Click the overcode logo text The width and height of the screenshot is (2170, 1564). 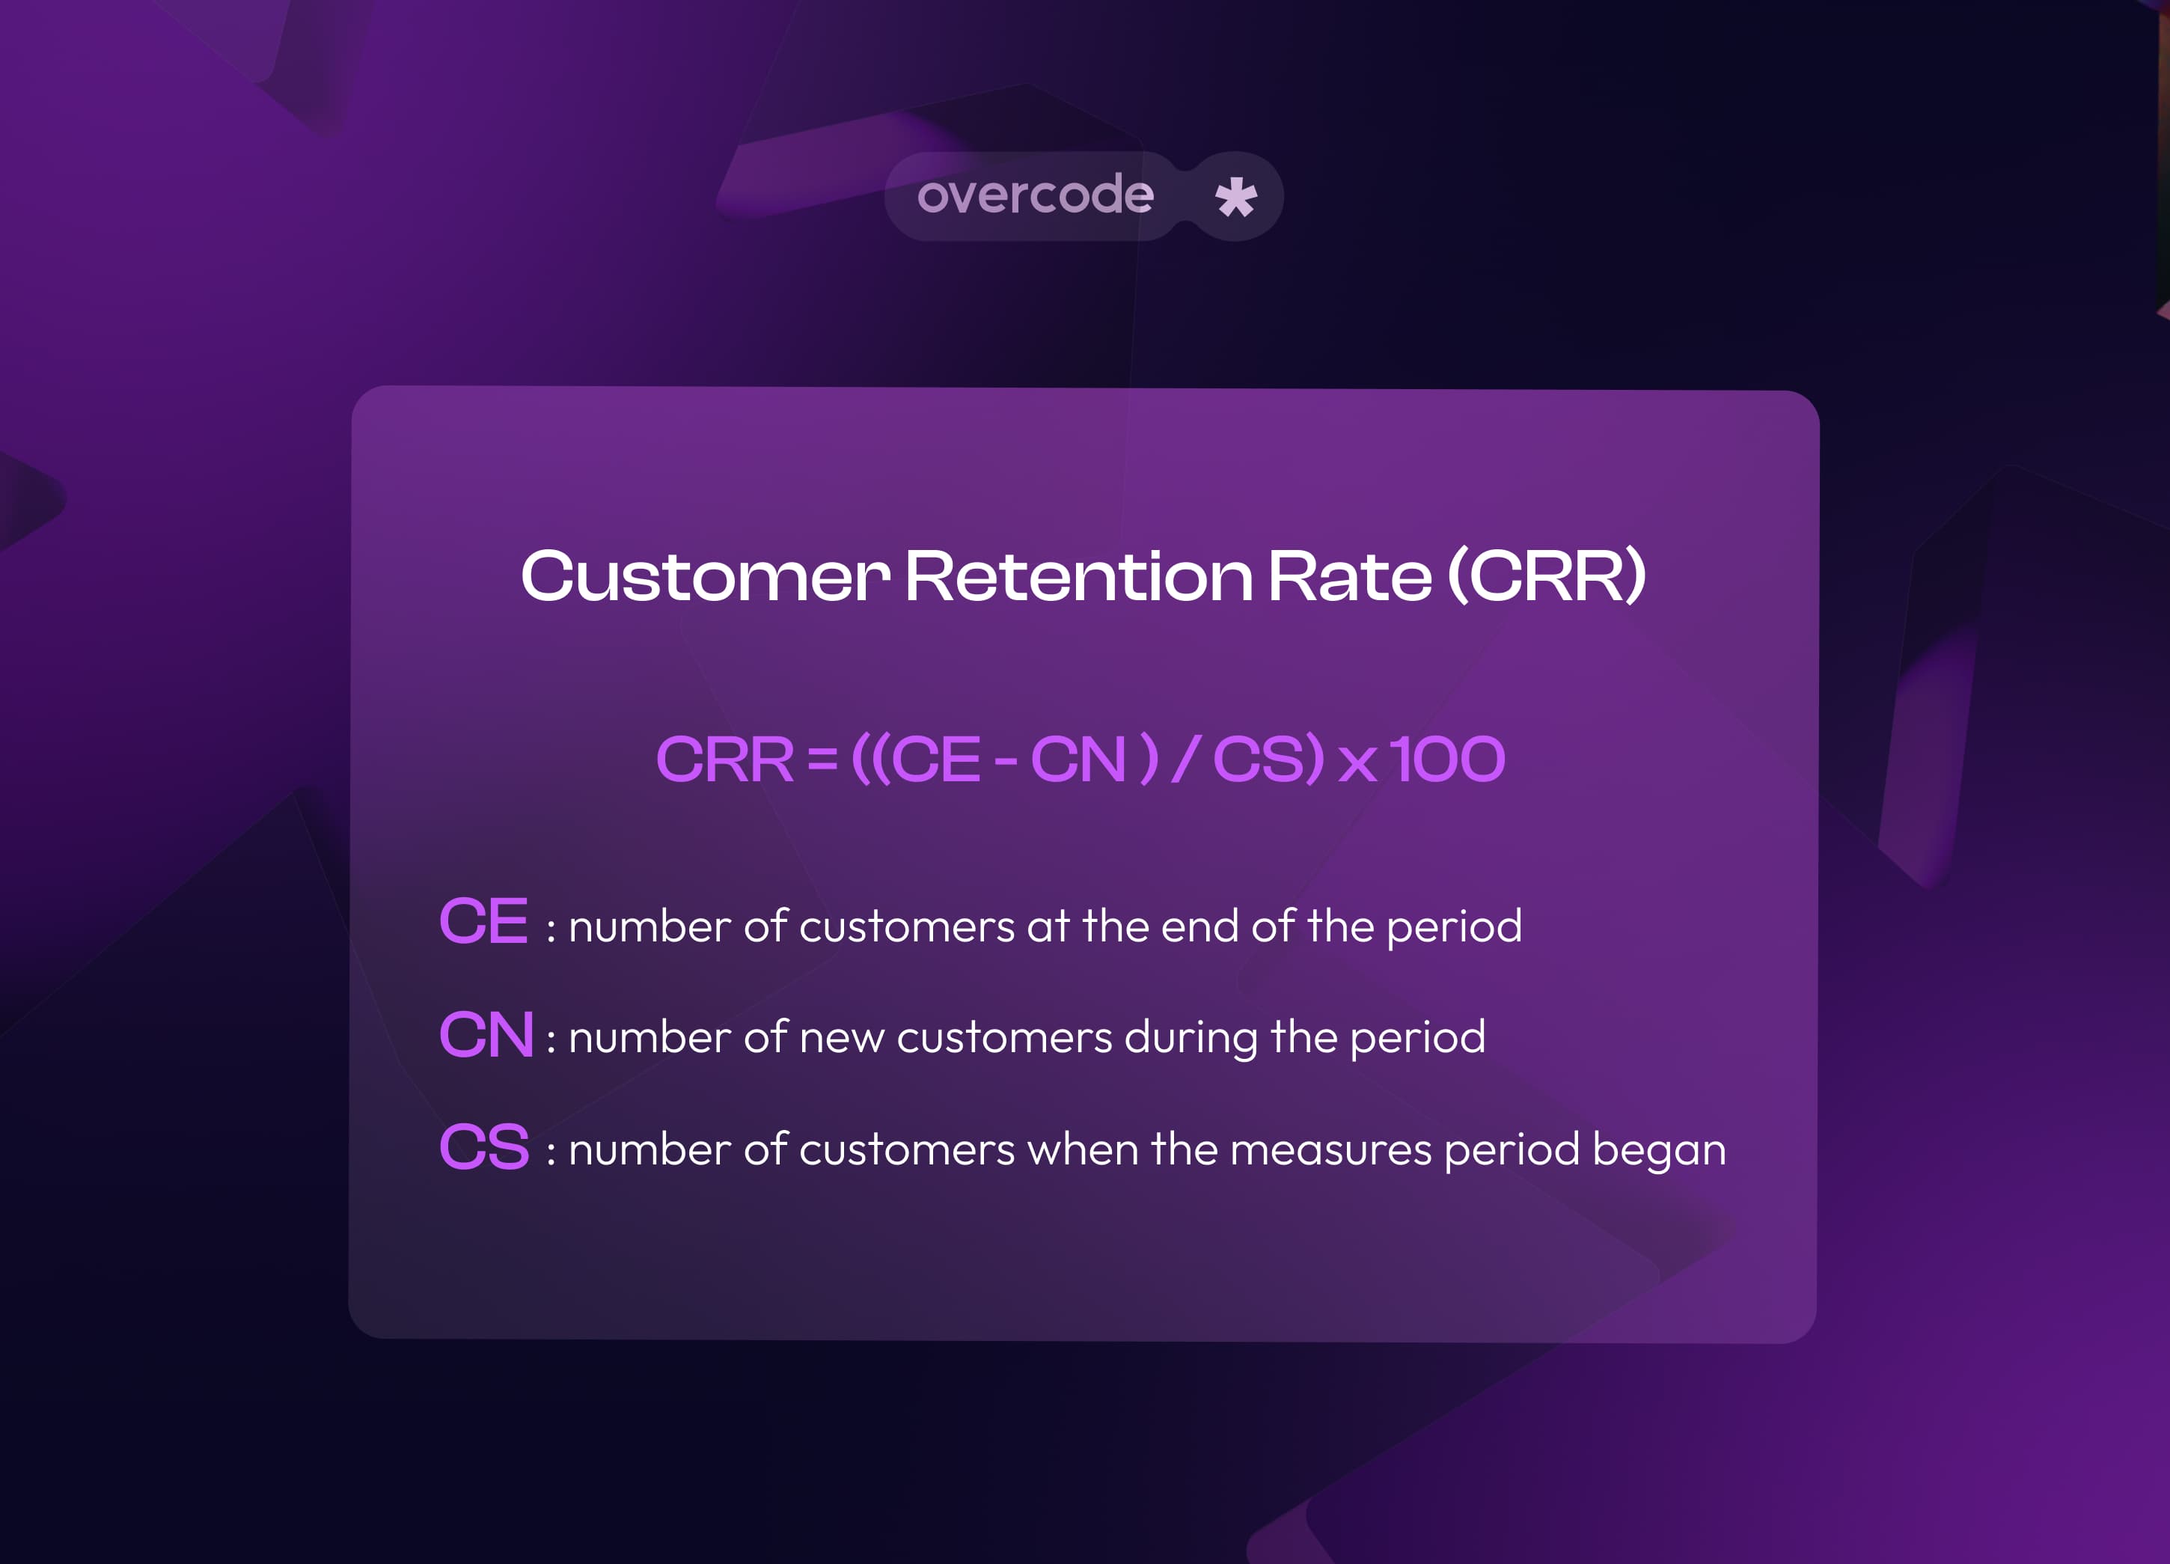tap(1036, 195)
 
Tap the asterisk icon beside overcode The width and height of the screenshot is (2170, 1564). tap(1235, 197)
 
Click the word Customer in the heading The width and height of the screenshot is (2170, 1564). tap(705, 577)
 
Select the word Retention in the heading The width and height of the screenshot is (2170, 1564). tap(1078, 577)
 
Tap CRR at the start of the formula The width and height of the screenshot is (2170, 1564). tap(724, 760)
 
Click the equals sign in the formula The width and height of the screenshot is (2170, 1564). tap(822, 760)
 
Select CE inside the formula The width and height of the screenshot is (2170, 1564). tap(937, 760)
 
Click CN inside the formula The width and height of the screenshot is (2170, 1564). tap(1078, 760)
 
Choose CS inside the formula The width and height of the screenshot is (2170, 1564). tap(1258, 760)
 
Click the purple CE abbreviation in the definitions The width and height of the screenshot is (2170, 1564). tap(483, 921)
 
